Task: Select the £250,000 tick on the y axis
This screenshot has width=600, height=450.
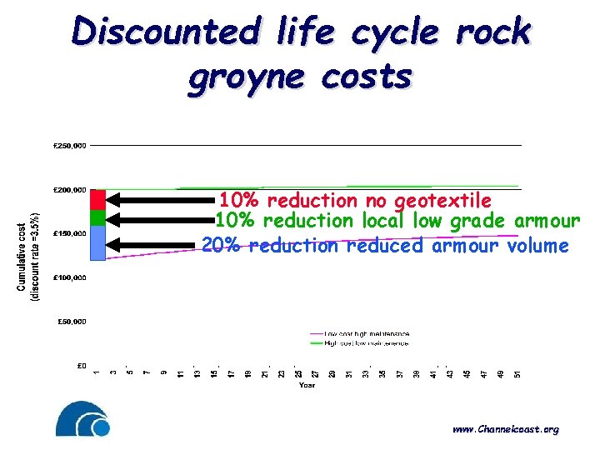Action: [69, 146]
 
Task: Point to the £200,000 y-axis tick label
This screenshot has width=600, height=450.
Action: [69, 190]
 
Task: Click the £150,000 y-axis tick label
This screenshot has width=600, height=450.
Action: [69, 233]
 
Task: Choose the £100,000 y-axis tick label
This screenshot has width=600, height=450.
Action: [69, 277]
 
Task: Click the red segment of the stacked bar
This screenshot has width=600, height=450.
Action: [97, 200]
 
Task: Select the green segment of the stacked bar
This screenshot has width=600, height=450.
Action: [97, 217]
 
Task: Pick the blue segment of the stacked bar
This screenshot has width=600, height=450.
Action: [97, 243]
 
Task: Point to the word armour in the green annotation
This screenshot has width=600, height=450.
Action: [550, 221]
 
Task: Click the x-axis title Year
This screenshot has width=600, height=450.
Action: [307, 385]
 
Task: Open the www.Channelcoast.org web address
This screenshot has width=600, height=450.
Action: [505, 430]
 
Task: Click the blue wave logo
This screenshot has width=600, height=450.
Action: [83, 419]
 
